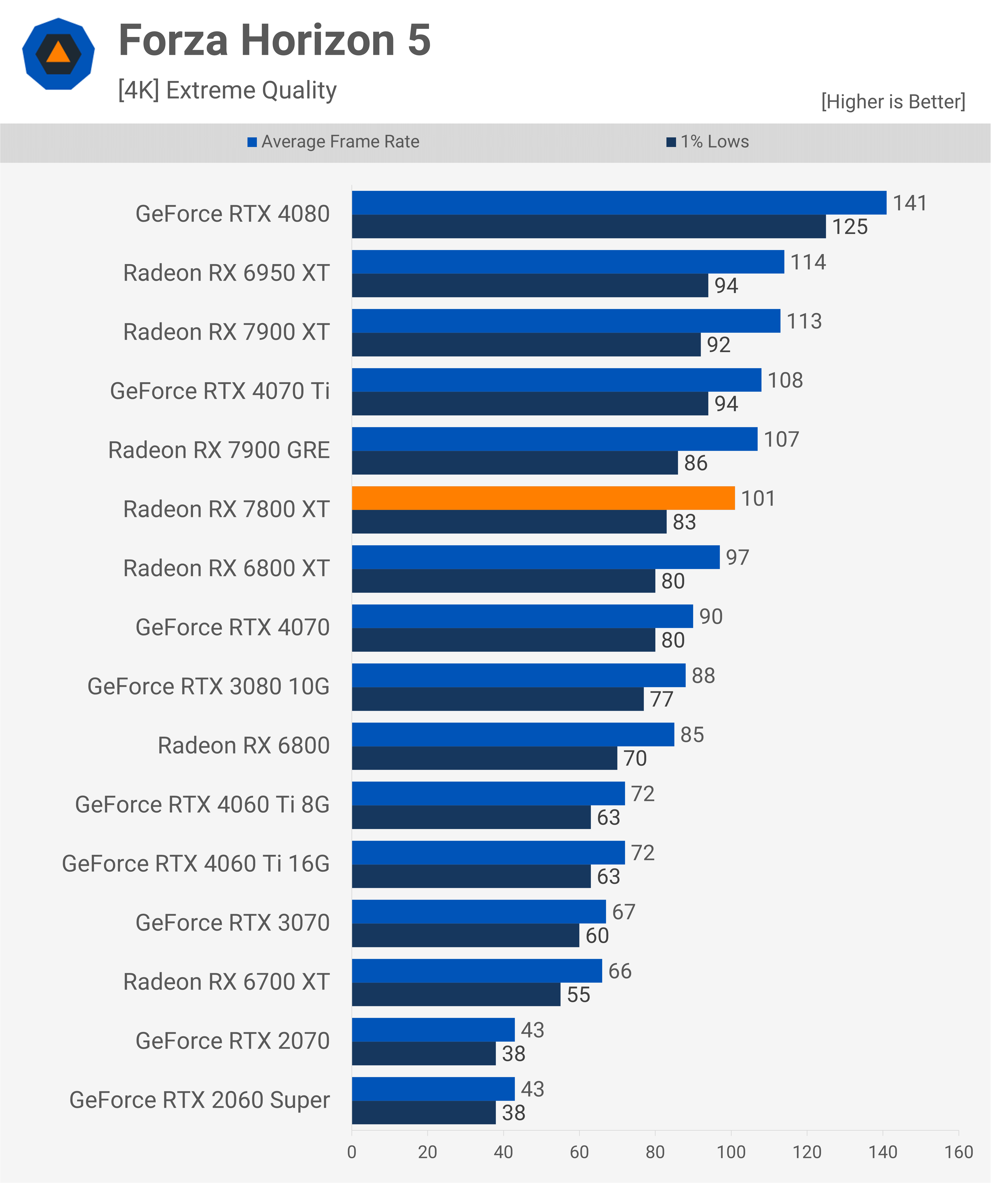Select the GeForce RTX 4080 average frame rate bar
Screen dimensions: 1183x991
tap(619, 203)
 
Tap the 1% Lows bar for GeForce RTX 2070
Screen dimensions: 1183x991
tap(423, 1054)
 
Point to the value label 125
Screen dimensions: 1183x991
tap(850, 227)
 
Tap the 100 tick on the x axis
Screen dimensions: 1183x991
tap(731, 1152)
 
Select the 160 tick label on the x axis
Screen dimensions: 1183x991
tap(958, 1152)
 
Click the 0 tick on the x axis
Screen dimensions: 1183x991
tap(352, 1152)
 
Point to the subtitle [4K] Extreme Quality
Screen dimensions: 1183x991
tap(227, 90)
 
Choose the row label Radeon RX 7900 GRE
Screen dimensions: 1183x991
tap(219, 450)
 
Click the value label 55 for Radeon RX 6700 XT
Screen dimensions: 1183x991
tap(578, 995)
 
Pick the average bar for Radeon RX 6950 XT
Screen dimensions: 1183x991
tap(568, 262)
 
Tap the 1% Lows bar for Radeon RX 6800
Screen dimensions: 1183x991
tap(484, 758)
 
